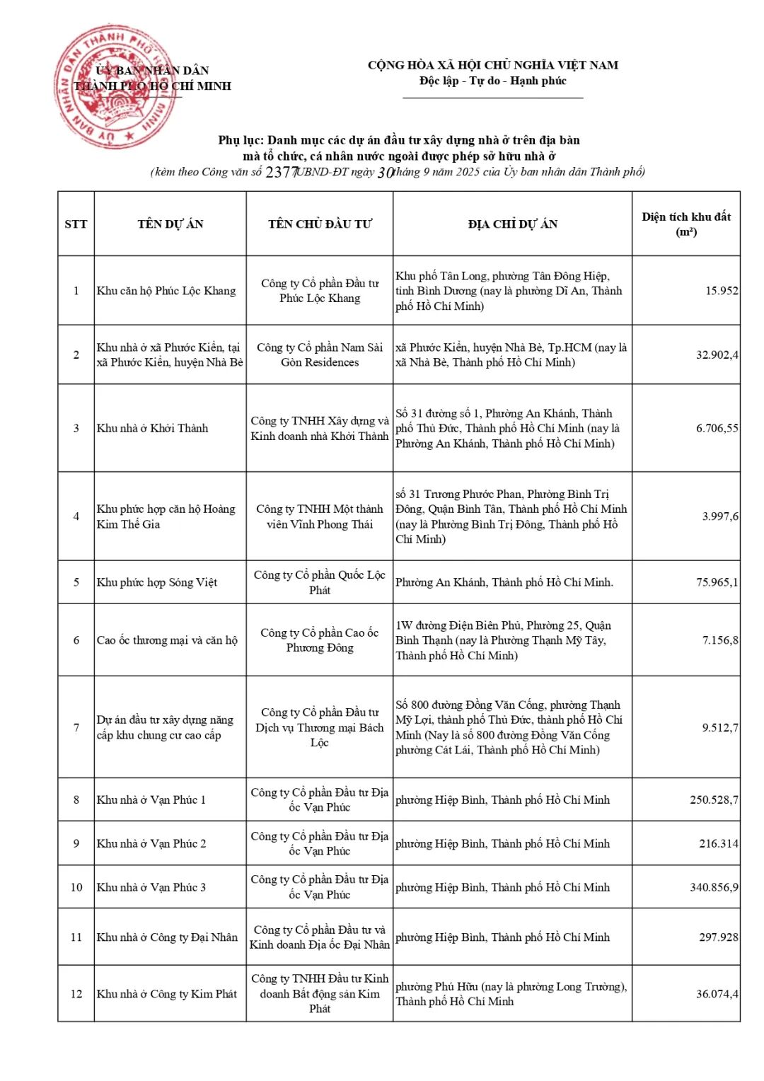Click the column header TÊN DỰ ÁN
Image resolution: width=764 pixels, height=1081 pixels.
click(x=170, y=224)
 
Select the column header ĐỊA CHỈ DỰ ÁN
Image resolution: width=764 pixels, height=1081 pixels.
click(x=512, y=224)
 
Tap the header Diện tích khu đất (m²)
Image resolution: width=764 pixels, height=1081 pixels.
click(x=685, y=224)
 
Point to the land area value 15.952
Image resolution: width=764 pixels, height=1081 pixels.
click(x=721, y=291)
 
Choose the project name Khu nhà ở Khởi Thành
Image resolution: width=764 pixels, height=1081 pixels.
click(x=152, y=428)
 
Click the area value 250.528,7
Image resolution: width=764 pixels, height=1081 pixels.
click(x=713, y=799)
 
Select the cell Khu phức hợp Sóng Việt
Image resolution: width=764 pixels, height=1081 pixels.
click(x=156, y=582)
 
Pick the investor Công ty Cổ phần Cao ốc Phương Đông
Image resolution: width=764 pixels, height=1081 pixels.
click(x=319, y=640)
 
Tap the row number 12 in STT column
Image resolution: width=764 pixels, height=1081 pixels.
click(x=76, y=993)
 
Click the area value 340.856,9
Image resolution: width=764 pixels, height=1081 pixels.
click(x=713, y=887)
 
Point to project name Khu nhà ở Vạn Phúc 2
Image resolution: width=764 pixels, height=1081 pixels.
click(x=151, y=843)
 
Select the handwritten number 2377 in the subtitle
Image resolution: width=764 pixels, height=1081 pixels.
click(x=282, y=172)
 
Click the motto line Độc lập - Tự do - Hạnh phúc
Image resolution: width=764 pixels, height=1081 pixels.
click(x=492, y=81)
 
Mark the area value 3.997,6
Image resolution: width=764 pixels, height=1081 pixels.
click(x=719, y=516)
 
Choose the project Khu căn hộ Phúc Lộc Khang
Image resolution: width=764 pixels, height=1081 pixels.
click(x=166, y=291)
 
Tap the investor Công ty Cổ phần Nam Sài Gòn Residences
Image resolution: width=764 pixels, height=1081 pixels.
click(x=319, y=354)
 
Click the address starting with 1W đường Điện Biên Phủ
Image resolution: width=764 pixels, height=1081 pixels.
click(x=503, y=640)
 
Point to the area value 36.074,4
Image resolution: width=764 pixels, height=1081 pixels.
click(x=717, y=993)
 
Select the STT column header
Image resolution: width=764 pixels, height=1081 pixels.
click(x=76, y=224)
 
